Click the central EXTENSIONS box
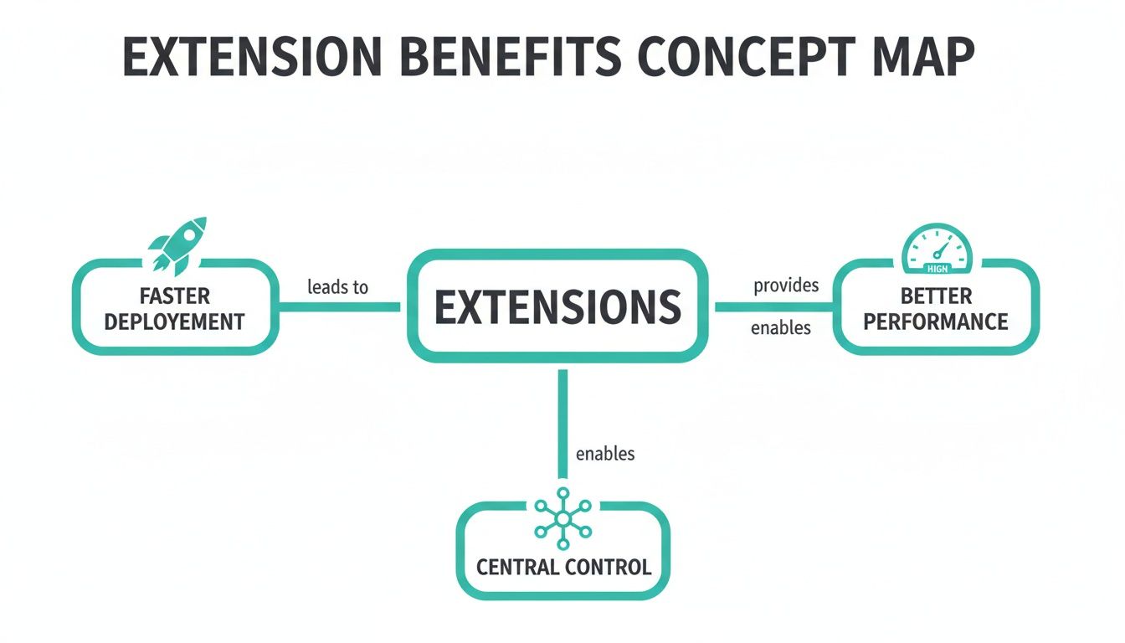[x=557, y=306]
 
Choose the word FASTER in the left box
[x=177, y=296]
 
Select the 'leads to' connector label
[x=338, y=287]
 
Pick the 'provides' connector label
[x=786, y=285]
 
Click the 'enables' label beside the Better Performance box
[x=781, y=328]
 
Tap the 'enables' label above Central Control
[x=605, y=454]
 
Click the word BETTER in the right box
[x=936, y=296]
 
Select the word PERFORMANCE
[x=936, y=321]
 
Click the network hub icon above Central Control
[x=563, y=517]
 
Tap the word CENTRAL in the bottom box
[x=517, y=567]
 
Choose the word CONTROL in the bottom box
[x=609, y=567]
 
